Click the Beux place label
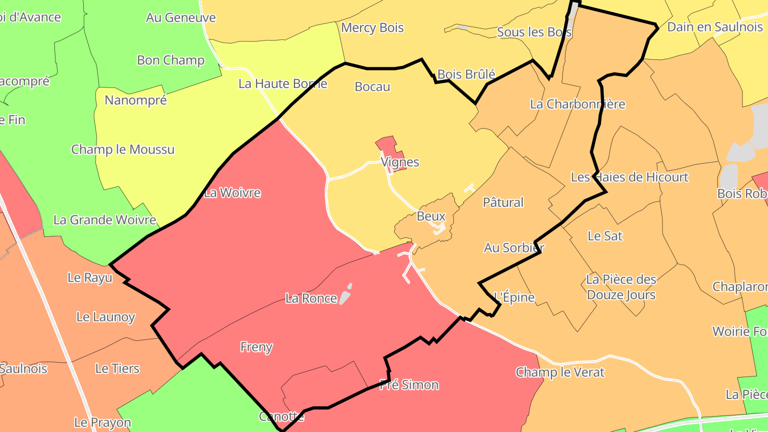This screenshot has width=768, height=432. click(431, 217)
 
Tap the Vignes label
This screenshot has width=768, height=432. click(400, 162)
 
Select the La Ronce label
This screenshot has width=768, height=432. click(311, 298)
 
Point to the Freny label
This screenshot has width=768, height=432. click(257, 347)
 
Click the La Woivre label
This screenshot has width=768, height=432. click(233, 193)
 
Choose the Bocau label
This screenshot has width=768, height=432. click(372, 87)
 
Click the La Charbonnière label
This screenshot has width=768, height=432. click(578, 104)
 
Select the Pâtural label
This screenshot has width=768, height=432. click(503, 202)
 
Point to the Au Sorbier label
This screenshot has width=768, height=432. click(514, 247)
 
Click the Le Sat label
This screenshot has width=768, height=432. click(605, 235)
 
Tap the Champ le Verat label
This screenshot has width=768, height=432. click(560, 372)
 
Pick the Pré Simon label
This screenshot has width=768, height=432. click(409, 385)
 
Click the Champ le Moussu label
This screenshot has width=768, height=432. click(123, 149)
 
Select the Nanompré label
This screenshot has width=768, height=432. click(135, 100)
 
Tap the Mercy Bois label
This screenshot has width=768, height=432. click(372, 28)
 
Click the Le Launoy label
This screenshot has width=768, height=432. click(106, 317)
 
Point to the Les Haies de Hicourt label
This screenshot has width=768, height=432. click(630, 177)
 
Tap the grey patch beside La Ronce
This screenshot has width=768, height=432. click(346, 296)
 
